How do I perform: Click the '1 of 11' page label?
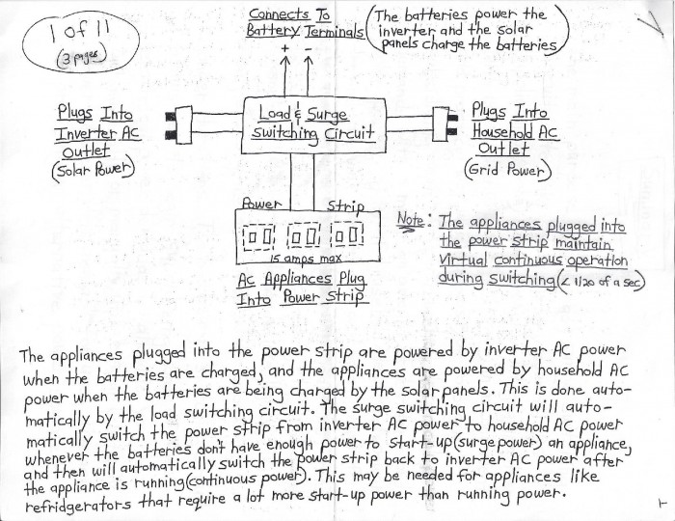(x=80, y=31)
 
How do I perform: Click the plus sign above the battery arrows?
(x=284, y=48)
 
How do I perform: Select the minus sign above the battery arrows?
(x=309, y=48)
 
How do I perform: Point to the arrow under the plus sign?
(x=284, y=76)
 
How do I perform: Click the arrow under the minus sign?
(x=309, y=76)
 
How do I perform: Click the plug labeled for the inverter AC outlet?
(x=178, y=124)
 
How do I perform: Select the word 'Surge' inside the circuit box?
(x=326, y=115)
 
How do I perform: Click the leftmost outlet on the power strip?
(x=259, y=236)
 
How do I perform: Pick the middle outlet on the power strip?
(x=304, y=236)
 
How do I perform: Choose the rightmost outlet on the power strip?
(x=348, y=235)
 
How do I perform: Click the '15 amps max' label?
(x=306, y=259)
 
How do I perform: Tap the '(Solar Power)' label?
(x=93, y=171)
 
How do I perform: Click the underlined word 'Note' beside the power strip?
(x=410, y=220)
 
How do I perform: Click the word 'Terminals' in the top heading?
(x=335, y=31)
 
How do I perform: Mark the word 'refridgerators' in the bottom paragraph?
(x=78, y=504)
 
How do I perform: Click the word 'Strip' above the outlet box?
(x=345, y=206)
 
